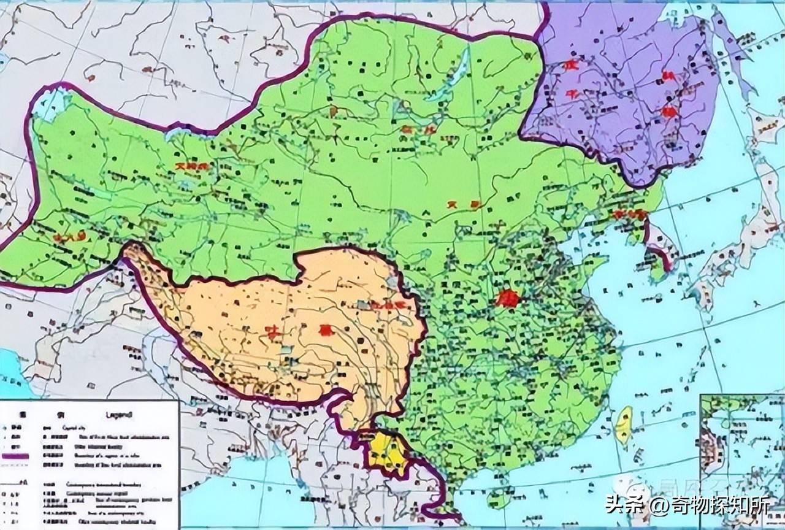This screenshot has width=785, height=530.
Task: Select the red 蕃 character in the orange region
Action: coord(323,330)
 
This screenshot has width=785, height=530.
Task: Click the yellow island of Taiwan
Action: coord(624,424)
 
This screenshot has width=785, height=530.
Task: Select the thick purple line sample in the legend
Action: coord(15,456)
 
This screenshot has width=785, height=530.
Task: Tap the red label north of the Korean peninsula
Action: coord(629,215)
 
